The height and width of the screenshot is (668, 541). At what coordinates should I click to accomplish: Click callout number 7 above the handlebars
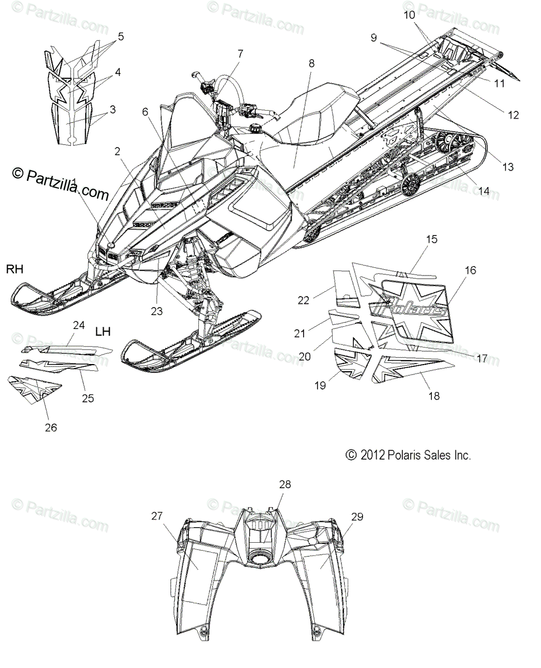(240, 54)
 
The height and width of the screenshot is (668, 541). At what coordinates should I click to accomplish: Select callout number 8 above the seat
(311, 63)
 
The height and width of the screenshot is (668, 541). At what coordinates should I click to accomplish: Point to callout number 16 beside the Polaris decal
(470, 271)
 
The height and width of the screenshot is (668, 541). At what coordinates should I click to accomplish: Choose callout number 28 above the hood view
(285, 485)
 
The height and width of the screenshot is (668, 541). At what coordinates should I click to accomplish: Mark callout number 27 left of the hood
(157, 516)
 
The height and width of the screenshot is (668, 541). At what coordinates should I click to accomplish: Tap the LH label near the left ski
(103, 332)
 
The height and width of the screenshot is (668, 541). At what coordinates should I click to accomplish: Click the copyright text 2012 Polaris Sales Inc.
(408, 455)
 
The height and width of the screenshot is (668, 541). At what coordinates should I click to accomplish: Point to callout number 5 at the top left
(120, 37)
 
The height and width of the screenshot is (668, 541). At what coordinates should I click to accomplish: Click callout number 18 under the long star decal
(433, 396)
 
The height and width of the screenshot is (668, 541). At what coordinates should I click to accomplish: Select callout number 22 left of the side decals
(303, 300)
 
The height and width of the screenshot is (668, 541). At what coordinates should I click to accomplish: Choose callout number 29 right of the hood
(357, 517)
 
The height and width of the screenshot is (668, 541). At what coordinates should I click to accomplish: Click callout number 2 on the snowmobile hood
(118, 151)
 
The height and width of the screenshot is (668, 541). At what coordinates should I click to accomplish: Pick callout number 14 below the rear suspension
(484, 191)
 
